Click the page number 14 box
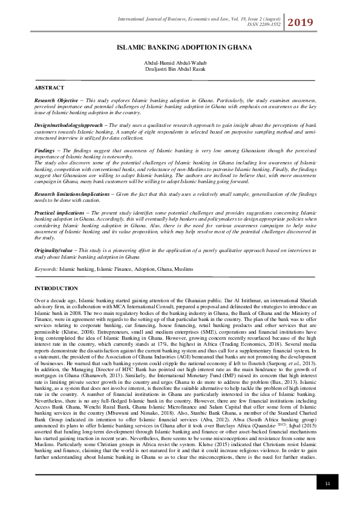click(x=327, y=484)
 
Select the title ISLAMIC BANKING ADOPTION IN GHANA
click(x=180, y=46)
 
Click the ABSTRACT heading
click(x=49, y=88)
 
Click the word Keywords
click(x=45, y=268)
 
